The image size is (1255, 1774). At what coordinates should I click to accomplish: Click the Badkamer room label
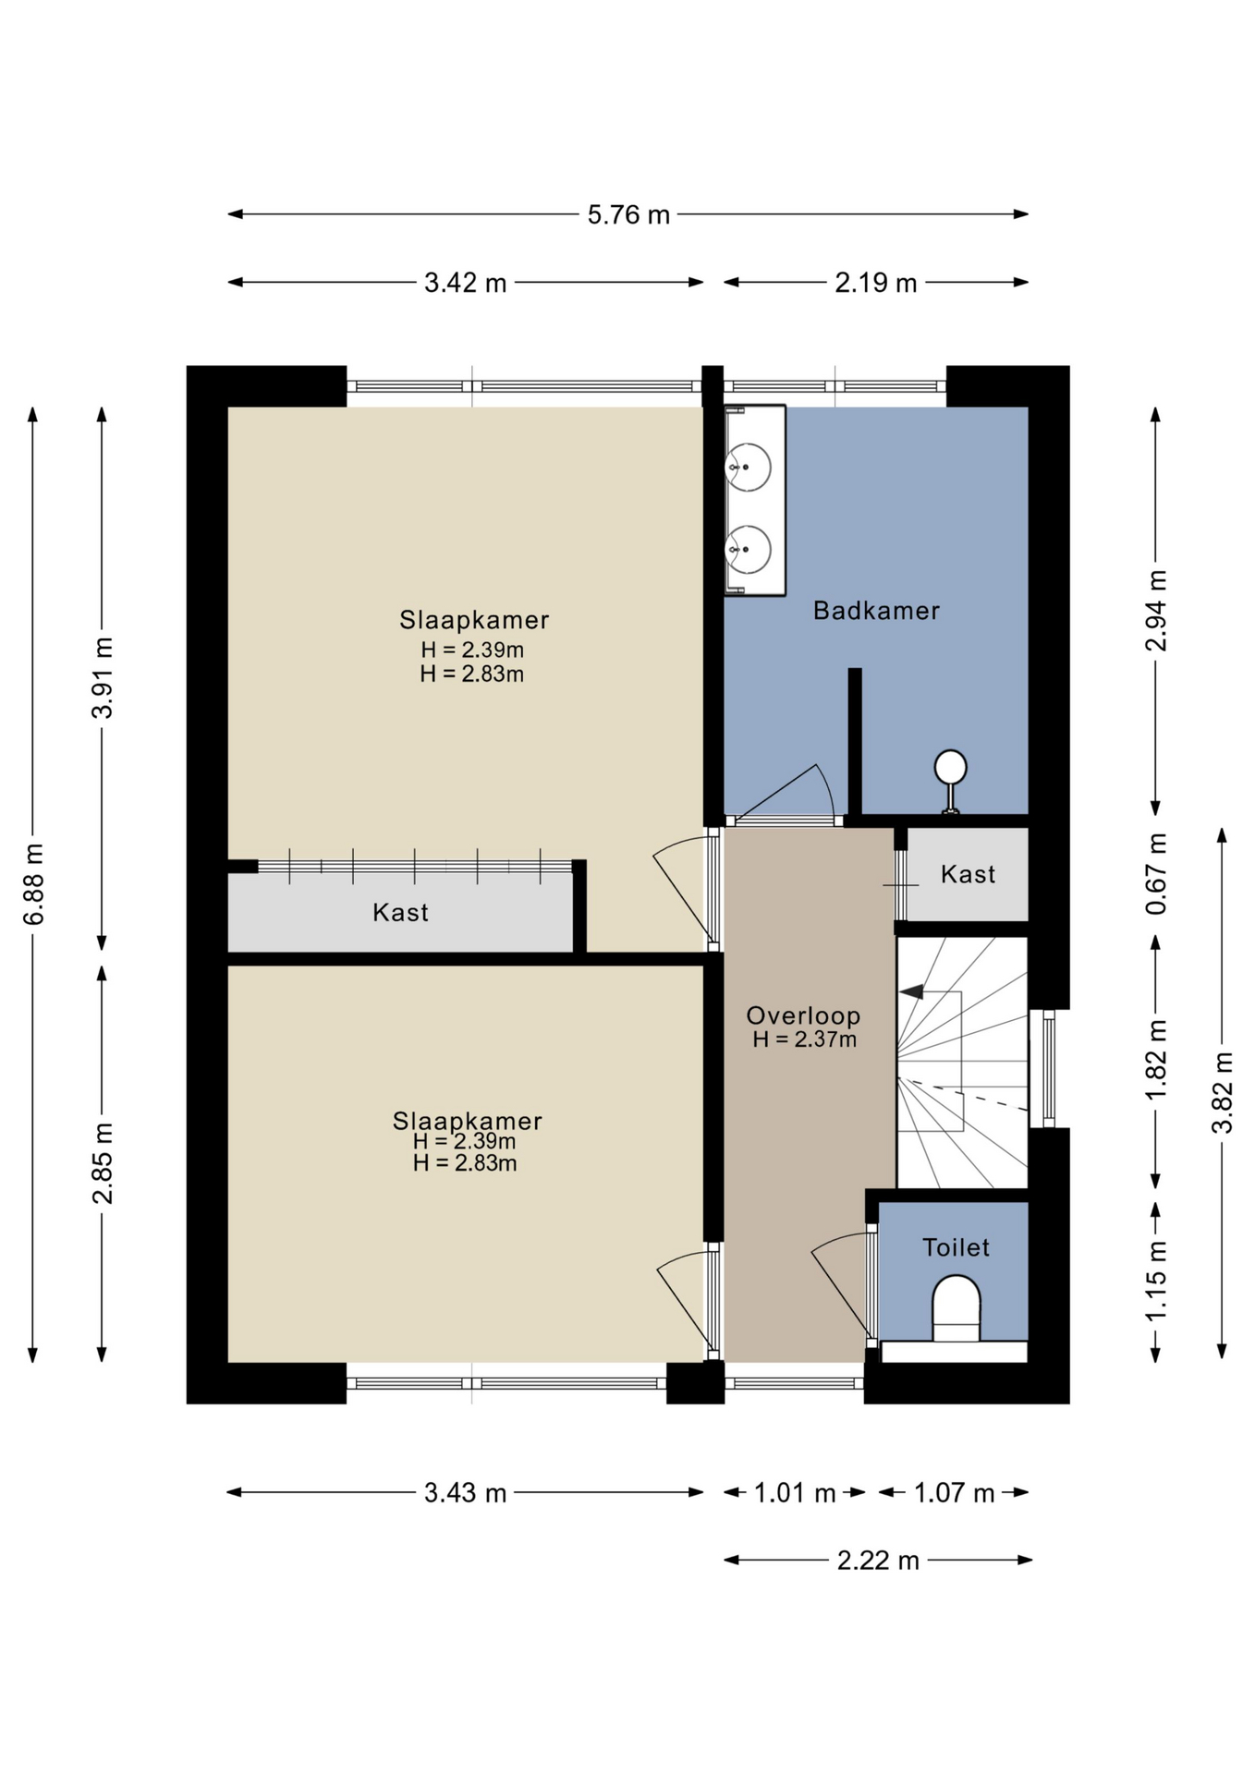coord(876,611)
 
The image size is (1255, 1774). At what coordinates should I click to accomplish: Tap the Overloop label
coord(803,1015)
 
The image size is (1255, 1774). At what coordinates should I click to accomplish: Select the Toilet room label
coord(956,1247)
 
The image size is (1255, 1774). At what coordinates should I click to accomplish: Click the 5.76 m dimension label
coord(628,214)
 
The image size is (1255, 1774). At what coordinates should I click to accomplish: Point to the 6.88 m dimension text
coord(34,884)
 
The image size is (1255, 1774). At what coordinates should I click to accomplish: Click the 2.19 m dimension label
coord(875,283)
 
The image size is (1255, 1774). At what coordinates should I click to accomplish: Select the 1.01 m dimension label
coord(795,1493)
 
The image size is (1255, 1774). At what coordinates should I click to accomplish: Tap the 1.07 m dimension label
coord(954,1493)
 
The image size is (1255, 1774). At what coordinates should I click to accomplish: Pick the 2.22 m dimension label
coord(878,1561)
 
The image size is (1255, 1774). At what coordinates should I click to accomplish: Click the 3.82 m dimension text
coord(1223,1092)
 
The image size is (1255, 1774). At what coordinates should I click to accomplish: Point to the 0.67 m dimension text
coord(1156,874)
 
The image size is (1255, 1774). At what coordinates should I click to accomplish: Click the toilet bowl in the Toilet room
coord(956,1308)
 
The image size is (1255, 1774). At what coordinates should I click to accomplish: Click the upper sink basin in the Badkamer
coord(749,467)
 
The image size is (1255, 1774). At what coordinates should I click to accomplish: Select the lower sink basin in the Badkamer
coord(749,549)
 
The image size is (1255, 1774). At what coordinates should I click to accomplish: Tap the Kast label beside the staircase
coord(968,874)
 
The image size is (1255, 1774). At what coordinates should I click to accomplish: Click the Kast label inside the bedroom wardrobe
coord(400,913)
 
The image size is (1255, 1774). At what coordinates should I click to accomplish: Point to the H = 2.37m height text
coord(804,1039)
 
